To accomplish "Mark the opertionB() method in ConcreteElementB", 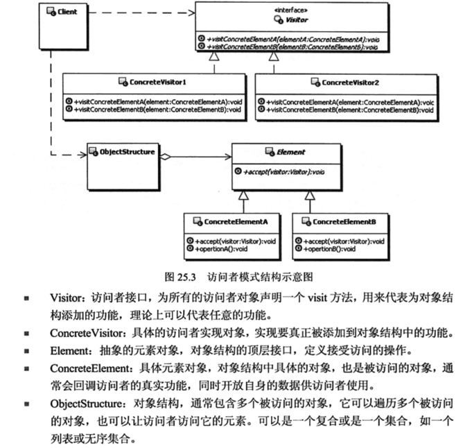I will click(x=331, y=248).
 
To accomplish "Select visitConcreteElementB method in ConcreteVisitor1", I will click(x=159, y=110).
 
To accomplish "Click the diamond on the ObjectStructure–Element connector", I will click(x=164, y=157).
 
